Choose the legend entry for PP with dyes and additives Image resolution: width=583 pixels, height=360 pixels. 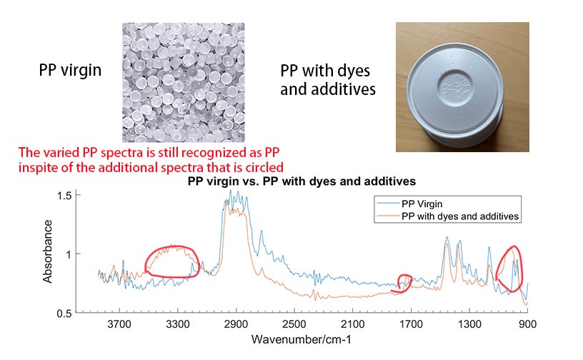pos(461,215)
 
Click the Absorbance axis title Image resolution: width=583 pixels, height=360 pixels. pos(48,251)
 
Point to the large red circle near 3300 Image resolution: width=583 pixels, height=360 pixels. pos(171,261)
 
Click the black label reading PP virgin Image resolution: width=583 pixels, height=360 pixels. pos(69,72)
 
